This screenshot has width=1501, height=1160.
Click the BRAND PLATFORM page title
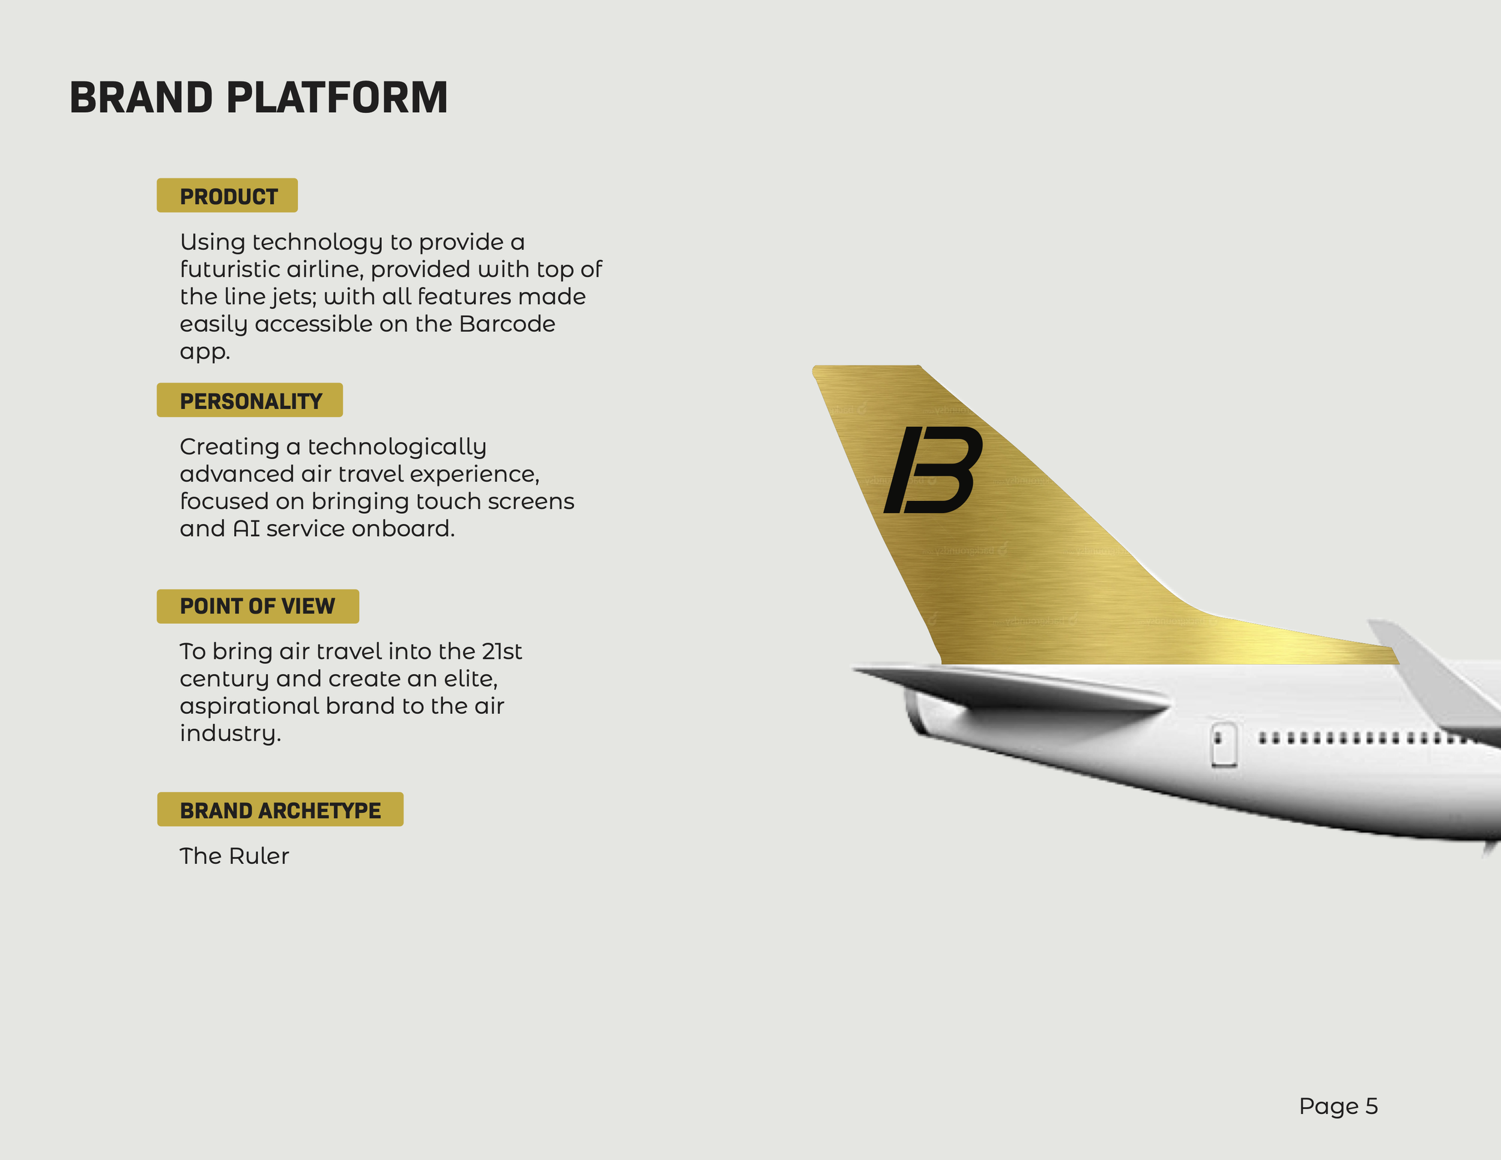[258, 98]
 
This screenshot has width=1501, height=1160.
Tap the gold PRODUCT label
[228, 196]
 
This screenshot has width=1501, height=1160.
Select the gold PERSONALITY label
[250, 401]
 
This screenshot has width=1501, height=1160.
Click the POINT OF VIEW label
[258, 606]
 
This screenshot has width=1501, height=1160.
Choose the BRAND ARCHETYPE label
[280, 810]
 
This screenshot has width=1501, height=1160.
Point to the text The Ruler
[234, 856]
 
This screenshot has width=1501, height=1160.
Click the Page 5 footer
[1338, 1106]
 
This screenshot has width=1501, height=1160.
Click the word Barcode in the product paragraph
[507, 324]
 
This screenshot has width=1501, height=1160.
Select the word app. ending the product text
[204, 352]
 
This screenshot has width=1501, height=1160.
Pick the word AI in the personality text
[246, 528]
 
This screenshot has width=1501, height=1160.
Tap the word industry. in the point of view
[230, 733]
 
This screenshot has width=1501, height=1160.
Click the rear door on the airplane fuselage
[1224, 745]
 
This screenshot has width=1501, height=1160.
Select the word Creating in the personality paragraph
[229, 447]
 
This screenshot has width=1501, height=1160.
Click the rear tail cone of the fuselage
[921, 714]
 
